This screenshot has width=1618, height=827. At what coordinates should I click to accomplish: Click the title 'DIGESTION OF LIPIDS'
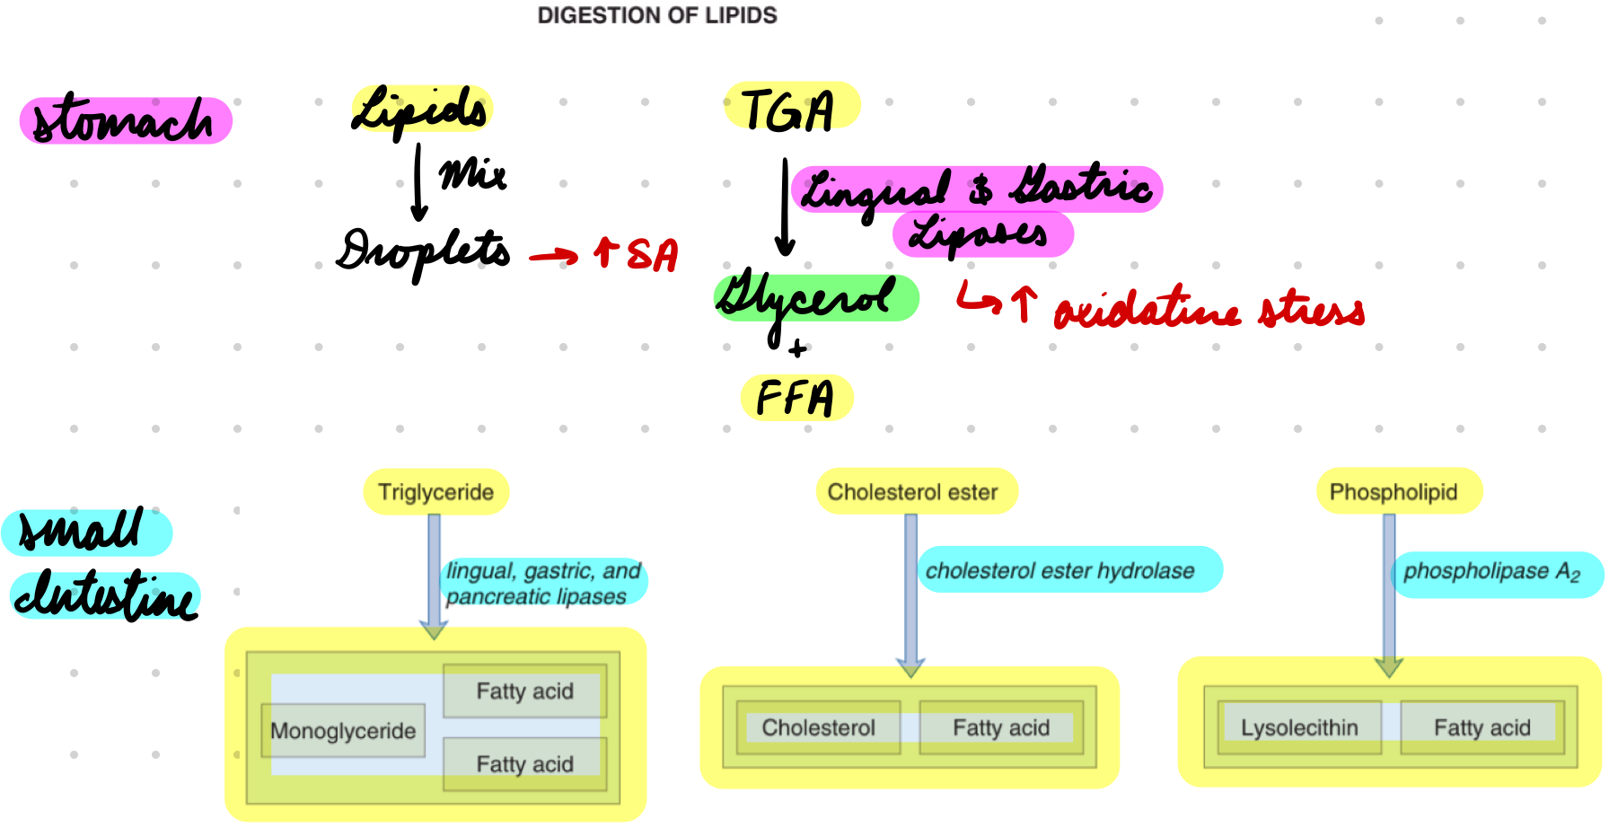656,15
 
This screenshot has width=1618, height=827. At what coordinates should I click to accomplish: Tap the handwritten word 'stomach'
124,121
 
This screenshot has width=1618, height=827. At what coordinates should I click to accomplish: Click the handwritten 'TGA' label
788,110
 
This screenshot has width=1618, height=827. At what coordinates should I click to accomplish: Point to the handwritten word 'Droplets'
423,251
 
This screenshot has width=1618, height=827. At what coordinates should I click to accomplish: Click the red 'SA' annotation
652,255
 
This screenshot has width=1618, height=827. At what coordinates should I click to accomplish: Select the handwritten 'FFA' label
796,398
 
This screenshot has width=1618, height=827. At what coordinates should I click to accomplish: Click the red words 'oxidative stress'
1208,310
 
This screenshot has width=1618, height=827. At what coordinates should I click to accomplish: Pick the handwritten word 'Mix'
472,174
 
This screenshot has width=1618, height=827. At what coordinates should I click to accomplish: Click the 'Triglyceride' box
435,492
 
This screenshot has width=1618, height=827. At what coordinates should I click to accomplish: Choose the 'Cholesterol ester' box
913,492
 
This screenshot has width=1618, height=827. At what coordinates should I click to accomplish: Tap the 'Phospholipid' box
1394,492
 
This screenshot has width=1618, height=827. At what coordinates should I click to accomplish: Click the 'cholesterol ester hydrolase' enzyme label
1060,570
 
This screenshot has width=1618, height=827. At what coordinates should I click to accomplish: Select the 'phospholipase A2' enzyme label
1491,572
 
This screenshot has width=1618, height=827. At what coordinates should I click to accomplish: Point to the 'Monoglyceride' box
343,731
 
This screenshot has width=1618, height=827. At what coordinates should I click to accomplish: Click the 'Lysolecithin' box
1299,727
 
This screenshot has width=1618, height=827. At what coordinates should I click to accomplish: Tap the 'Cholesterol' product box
818,727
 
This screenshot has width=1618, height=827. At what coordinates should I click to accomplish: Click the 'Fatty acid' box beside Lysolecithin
1482,727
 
